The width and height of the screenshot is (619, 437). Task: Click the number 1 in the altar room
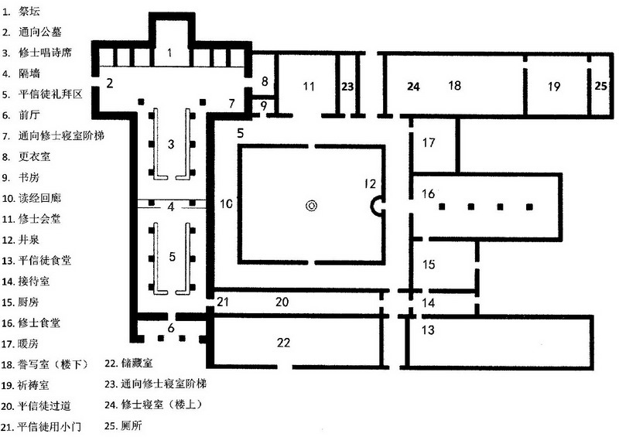pyautogui.click(x=169, y=53)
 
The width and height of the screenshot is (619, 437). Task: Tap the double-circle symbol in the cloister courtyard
pyautogui.click(x=312, y=206)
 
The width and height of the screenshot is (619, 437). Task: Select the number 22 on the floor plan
pyautogui.click(x=283, y=343)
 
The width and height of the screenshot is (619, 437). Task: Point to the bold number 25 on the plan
pyautogui.click(x=601, y=86)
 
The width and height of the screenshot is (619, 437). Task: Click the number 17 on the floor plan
pyautogui.click(x=429, y=142)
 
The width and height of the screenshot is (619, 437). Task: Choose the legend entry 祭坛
pyautogui.click(x=29, y=11)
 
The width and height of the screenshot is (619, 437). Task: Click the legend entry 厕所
pyautogui.click(x=132, y=425)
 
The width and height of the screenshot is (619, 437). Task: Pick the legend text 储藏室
pyautogui.click(x=137, y=364)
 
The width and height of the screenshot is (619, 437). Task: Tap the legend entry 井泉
pyautogui.click(x=29, y=240)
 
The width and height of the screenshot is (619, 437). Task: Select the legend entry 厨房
pyautogui.click(x=29, y=302)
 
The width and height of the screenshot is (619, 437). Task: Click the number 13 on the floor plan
pyautogui.click(x=428, y=329)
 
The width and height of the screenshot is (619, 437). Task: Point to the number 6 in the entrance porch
pyautogui.click(x=171, y=328)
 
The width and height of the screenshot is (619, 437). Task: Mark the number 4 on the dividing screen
pyautogui.click(x=170, y=207)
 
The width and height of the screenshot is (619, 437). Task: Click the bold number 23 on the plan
pyautogui.click(x=347, y=87)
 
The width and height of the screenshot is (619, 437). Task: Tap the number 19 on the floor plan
pyautogui.click(x=554, y=87)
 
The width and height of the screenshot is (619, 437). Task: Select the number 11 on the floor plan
pyautogui.click(x=309, y=86)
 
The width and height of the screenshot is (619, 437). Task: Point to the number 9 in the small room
pyautogui.click(x=264, y=106)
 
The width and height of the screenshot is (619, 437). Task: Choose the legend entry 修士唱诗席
pyautogui.click(x=45, y=53)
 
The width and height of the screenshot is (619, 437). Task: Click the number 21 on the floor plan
pyautogui.click(x=223, y=302)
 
